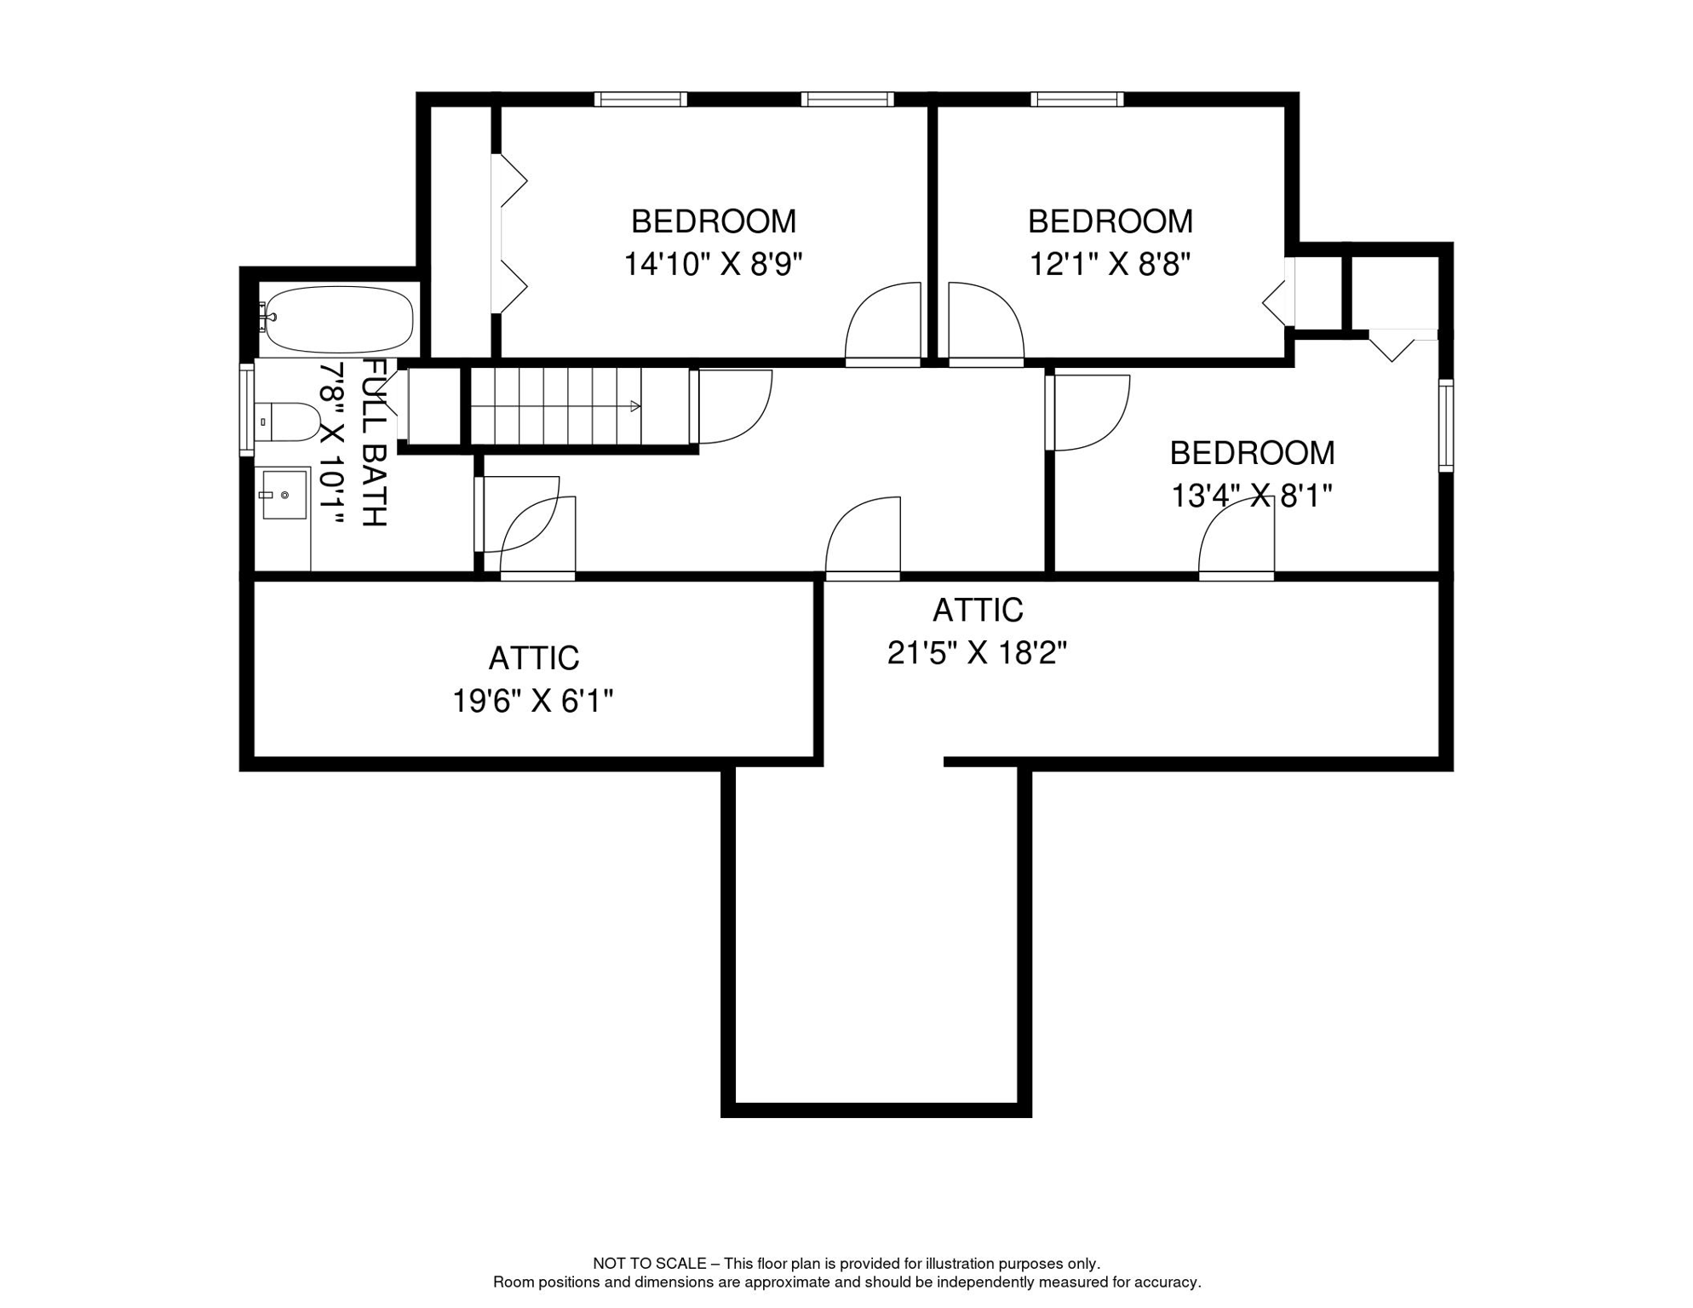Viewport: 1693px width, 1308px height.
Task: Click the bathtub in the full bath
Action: tap(338, 319)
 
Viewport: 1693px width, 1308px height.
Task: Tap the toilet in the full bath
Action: tap(287, 422)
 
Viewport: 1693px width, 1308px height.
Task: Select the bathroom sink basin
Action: tap(284, 495)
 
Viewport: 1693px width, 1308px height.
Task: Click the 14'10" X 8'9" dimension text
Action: tap(714, 264)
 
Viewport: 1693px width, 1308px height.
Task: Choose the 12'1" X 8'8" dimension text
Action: tap(1110, 264)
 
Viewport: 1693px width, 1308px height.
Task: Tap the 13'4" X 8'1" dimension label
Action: tap(1252, 496)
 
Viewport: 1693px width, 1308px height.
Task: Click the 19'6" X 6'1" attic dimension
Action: tap(533, 702)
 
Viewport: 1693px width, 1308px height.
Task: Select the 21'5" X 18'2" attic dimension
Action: tap(978, 653)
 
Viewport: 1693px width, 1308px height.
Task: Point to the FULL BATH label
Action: tap(375, 442)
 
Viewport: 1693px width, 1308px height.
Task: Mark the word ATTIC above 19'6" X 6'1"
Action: tap(534, 658)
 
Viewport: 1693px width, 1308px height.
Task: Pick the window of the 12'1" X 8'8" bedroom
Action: tap(1077, 100)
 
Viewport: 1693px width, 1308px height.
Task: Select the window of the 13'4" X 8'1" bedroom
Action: tap(1446, 426)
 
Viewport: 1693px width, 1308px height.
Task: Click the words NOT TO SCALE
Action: tap(650, 1264)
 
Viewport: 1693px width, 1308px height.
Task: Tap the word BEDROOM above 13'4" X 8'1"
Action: tap(1252, 453)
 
